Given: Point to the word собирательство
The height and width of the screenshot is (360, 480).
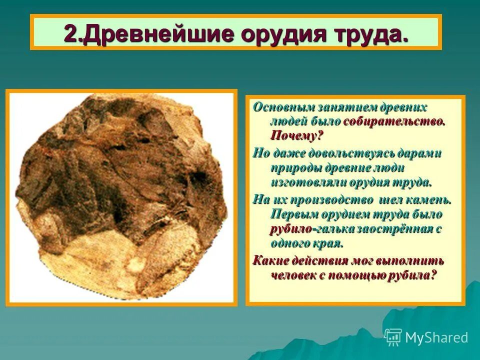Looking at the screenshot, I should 394,121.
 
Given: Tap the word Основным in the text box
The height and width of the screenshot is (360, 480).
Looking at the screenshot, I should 277,107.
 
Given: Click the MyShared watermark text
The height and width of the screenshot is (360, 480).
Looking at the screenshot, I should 436,337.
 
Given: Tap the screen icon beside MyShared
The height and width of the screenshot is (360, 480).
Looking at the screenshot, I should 393,337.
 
